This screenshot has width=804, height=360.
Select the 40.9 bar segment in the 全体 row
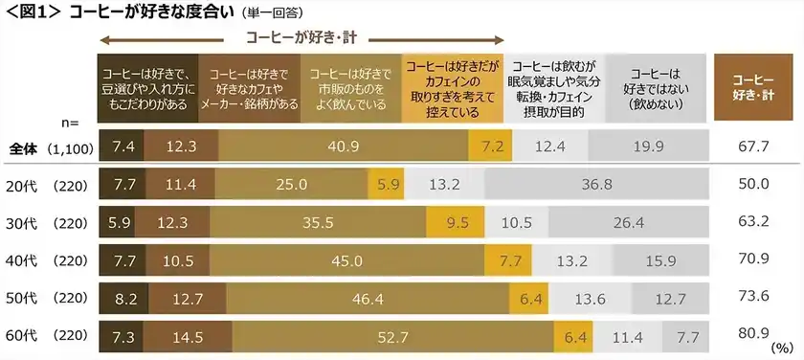pos(343,146)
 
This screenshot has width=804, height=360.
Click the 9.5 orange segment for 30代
pos(457,222)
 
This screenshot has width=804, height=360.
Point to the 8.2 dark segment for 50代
pos(123,298)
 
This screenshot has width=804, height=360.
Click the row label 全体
pos(25,147)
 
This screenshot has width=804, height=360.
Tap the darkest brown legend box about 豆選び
pos(148,89)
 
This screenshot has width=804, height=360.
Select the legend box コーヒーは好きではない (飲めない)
pos(657,89)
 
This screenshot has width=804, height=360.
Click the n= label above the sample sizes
pos(68,123)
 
